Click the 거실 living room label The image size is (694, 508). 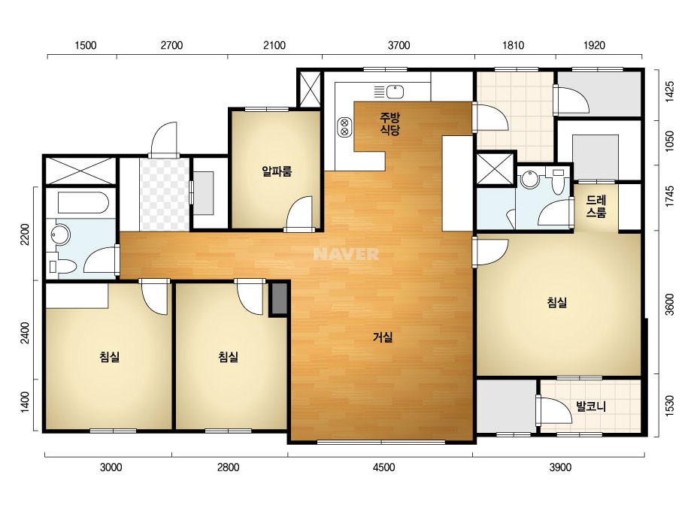click(x=383, y=337)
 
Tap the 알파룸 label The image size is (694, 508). click(x=277, y=171)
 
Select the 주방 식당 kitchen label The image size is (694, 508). click(x=390, y=123)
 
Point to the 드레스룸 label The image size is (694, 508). click(x=596, y=207)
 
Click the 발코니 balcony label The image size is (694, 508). click(x=591, y=406)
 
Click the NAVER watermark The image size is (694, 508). click(x=346, y=254)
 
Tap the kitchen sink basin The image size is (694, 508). click(x=395, y=92)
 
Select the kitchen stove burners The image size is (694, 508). click(x=344, y=128)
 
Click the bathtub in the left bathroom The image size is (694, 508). click(x=83, y=203)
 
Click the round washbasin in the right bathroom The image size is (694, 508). click(x=529, y=180)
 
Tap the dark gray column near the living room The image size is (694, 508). click(x=279, y=298)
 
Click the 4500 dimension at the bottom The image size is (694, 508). click(x=383, y=467)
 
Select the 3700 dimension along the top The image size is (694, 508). click(x=399, y=45)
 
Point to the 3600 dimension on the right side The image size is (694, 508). click(x=669, y=304)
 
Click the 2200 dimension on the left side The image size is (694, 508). click(x=25, y=234)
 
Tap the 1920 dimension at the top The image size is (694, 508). click(x=594, y=45)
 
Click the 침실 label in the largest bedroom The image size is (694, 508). click(x=557, y=303)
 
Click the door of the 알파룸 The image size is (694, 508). click(x=301, y=213)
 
